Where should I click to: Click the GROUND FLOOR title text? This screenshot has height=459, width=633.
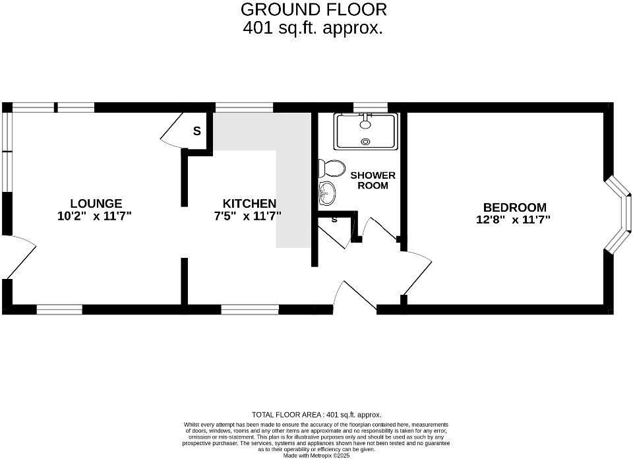coord(313,10)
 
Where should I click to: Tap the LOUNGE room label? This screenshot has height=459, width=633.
coord(96,204)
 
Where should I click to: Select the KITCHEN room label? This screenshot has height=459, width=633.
coord(249,204)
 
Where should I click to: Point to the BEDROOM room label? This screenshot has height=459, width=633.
coord(514,208)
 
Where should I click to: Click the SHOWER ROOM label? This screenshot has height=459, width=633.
coord(373,180)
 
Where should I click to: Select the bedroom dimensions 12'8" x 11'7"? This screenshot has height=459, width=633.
coord(513,220)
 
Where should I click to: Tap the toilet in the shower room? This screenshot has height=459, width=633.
coord(331,168)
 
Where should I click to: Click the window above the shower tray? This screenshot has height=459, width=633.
coord(370,107)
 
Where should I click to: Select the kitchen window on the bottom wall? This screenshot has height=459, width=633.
coord(250,309)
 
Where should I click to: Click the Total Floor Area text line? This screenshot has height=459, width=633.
coord(316,415)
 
